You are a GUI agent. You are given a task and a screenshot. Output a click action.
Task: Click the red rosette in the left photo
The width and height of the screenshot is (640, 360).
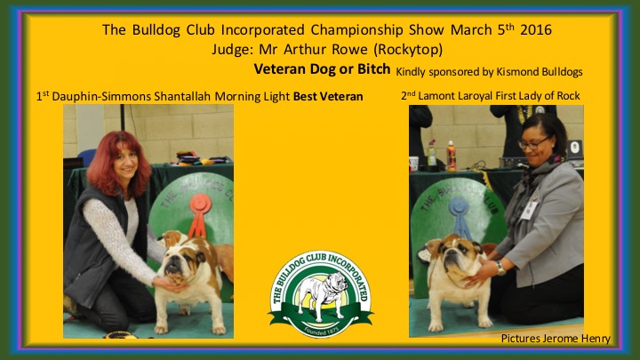pyautogui.click(x=199, y=214)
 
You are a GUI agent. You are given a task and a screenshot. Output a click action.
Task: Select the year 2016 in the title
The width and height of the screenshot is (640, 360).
pyautogui.click(x=535, y=30)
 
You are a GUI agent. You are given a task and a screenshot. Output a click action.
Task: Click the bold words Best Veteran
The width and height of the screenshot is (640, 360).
pyautogui.click(x=328, y=97)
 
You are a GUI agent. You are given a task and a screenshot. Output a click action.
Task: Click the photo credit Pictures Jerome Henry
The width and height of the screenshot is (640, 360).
pyautogui.click(x=556, y=339)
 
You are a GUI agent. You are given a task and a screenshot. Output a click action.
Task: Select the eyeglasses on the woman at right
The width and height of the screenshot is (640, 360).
pyautogui.click(x=533, y=143)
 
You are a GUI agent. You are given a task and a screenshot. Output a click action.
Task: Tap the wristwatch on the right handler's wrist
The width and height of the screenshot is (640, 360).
pyautogui.click(x=500, y=268)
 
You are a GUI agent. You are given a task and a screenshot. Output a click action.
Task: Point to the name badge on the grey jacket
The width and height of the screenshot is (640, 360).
pyautogui.click(x=529, y=210)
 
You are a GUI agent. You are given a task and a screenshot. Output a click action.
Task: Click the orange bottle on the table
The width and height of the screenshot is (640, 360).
pyautogui.click(x=451, y=156)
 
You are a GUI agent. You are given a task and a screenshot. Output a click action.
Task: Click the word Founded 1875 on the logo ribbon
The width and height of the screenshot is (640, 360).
pyautogui.click(x=321, y=330)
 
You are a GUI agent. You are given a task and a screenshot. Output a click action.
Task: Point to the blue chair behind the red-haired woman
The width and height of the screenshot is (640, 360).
pyautogui.click(x=85, y=157)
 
